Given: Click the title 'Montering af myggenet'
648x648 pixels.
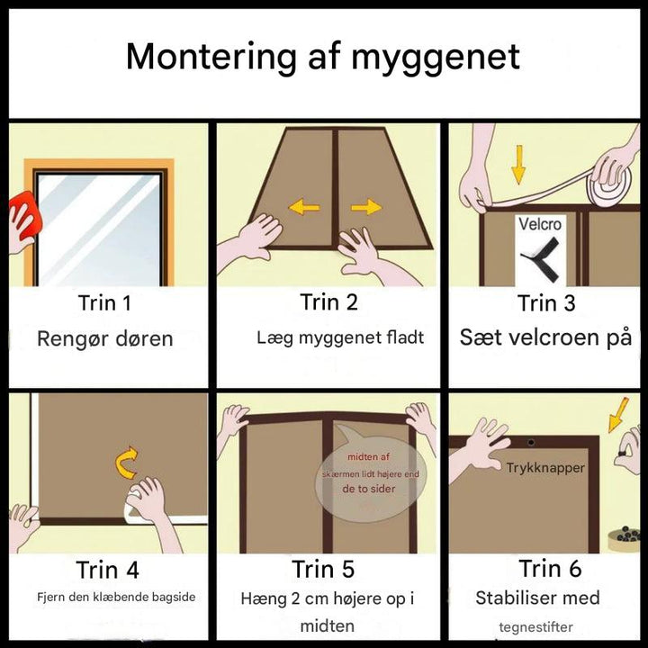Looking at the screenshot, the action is tap(323, 58).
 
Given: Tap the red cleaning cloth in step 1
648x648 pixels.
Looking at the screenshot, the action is tap(25, 215).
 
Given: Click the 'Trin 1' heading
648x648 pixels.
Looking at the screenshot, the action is tap(104, 303).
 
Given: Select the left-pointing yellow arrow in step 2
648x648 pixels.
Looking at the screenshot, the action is tap(304, 207).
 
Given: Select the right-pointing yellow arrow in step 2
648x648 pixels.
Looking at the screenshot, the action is tap(366, 207).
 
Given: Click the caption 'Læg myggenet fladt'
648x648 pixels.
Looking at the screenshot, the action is tap(340, 337).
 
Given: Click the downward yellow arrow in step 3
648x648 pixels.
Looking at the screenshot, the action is tap(518, 165).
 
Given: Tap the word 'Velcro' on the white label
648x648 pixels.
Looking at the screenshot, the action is tap(540, 224).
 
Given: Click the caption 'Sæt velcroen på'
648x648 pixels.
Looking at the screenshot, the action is tap(545, 337).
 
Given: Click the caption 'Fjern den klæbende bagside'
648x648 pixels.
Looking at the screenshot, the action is tap(116, 597).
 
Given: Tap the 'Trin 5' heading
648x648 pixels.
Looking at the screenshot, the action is tap(323, 569).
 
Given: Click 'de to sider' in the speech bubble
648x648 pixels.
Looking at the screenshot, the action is tap(369, 489).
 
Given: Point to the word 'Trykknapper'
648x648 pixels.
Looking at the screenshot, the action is tap(545, 468).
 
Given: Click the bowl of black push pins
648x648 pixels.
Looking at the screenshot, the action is tap(624, 539).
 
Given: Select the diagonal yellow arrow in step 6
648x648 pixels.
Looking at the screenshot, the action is tap(618, 415).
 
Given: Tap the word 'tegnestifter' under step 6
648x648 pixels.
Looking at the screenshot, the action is tap(535, 627).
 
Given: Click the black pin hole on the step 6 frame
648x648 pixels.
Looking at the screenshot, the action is tap(531, 443).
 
